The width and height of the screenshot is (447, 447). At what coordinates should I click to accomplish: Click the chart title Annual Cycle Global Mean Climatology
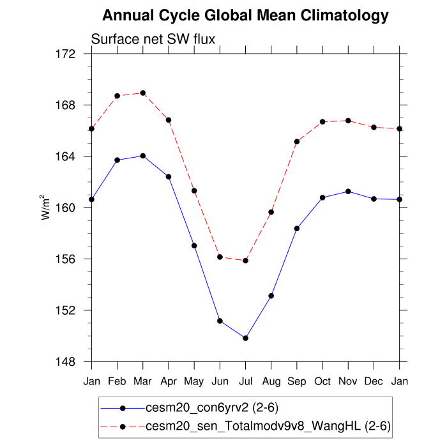pyautogui.click(x=245, y=15)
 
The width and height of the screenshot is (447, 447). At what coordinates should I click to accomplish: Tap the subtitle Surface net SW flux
pyautogui.click(x=153, y=40)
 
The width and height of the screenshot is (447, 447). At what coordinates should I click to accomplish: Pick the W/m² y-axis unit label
pyautogui.click(x=46, y=207)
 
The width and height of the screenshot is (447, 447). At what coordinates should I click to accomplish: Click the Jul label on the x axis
pyautogui.click(x=245, y=381)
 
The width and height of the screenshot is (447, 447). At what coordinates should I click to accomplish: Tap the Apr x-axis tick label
pyautogui.click(x=169, y=381)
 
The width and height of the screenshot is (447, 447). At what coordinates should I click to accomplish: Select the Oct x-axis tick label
pyautogui.click(x=322, y=381)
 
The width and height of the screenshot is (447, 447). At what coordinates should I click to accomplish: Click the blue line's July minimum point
pyautogui.click(x=245, y=338)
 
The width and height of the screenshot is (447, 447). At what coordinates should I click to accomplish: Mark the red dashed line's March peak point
pyautogui.click(x=143, y=93)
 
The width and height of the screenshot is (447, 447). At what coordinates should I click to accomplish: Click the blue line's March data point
pyautogui.click(x=143, y=156)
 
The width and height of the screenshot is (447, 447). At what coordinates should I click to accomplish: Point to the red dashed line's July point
pyautogui.click(x=245, y=261)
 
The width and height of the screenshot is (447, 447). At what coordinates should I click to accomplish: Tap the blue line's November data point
pyautogui.click(x=348, y=192)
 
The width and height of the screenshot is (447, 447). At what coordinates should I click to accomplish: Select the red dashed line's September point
pyautogui.click(x=297, y=142)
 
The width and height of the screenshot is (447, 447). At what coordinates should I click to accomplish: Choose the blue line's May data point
pyautogui.click(x=194, y=246)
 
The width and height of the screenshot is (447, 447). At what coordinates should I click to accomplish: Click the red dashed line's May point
pyautogui.click(x=194, y=191)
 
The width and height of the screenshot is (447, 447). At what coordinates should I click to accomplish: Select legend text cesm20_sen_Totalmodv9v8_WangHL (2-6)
pyautogui.click(x=268, y=425)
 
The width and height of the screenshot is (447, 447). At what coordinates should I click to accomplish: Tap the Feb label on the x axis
pyautogui.click(x=117, y=381)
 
